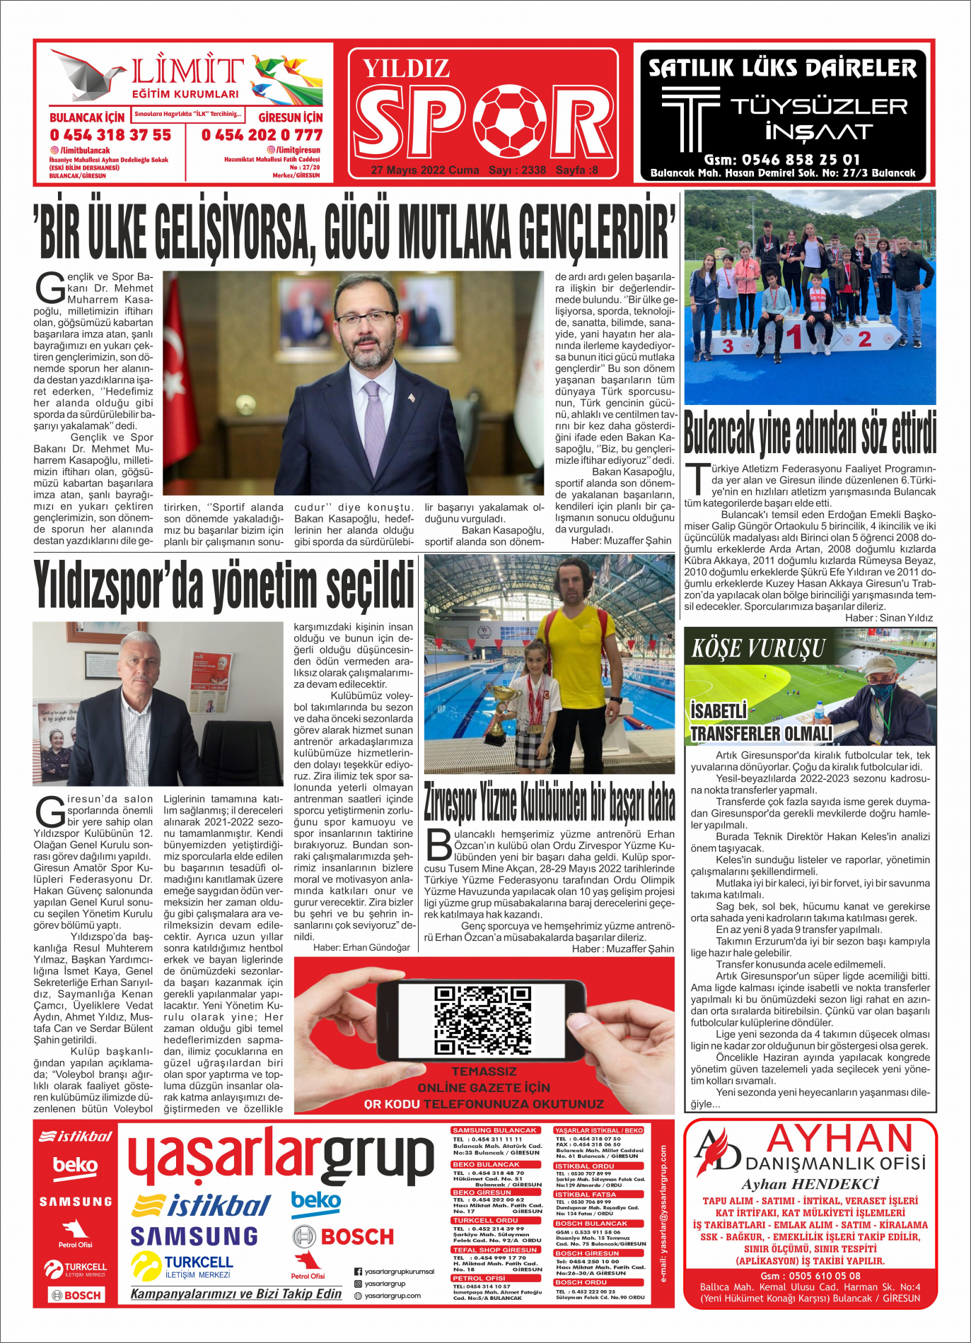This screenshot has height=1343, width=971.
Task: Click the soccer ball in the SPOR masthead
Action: pos(509,121)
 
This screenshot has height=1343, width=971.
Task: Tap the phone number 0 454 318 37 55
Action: pos(110,134)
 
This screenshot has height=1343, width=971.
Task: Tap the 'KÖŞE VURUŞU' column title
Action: pos(759,648)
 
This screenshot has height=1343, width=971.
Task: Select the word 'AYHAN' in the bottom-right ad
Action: pos(840,1139)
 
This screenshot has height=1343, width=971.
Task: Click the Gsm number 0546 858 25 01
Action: pos(781,160)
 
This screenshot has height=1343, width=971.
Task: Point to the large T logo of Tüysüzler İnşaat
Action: pos(690,117)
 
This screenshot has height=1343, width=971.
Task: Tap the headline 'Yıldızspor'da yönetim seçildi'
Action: pos(223,585)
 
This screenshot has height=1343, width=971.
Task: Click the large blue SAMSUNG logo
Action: pos(194,1236)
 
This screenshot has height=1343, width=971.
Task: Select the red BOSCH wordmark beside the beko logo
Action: pos(356,1236)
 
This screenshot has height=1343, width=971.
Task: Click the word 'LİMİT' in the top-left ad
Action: pos(187,71)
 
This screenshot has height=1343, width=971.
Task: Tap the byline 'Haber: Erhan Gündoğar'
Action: pos(361,947)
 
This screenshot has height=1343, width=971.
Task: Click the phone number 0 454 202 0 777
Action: pos(262,134)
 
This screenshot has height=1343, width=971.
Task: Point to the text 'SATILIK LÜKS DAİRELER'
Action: pos(782,69)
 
